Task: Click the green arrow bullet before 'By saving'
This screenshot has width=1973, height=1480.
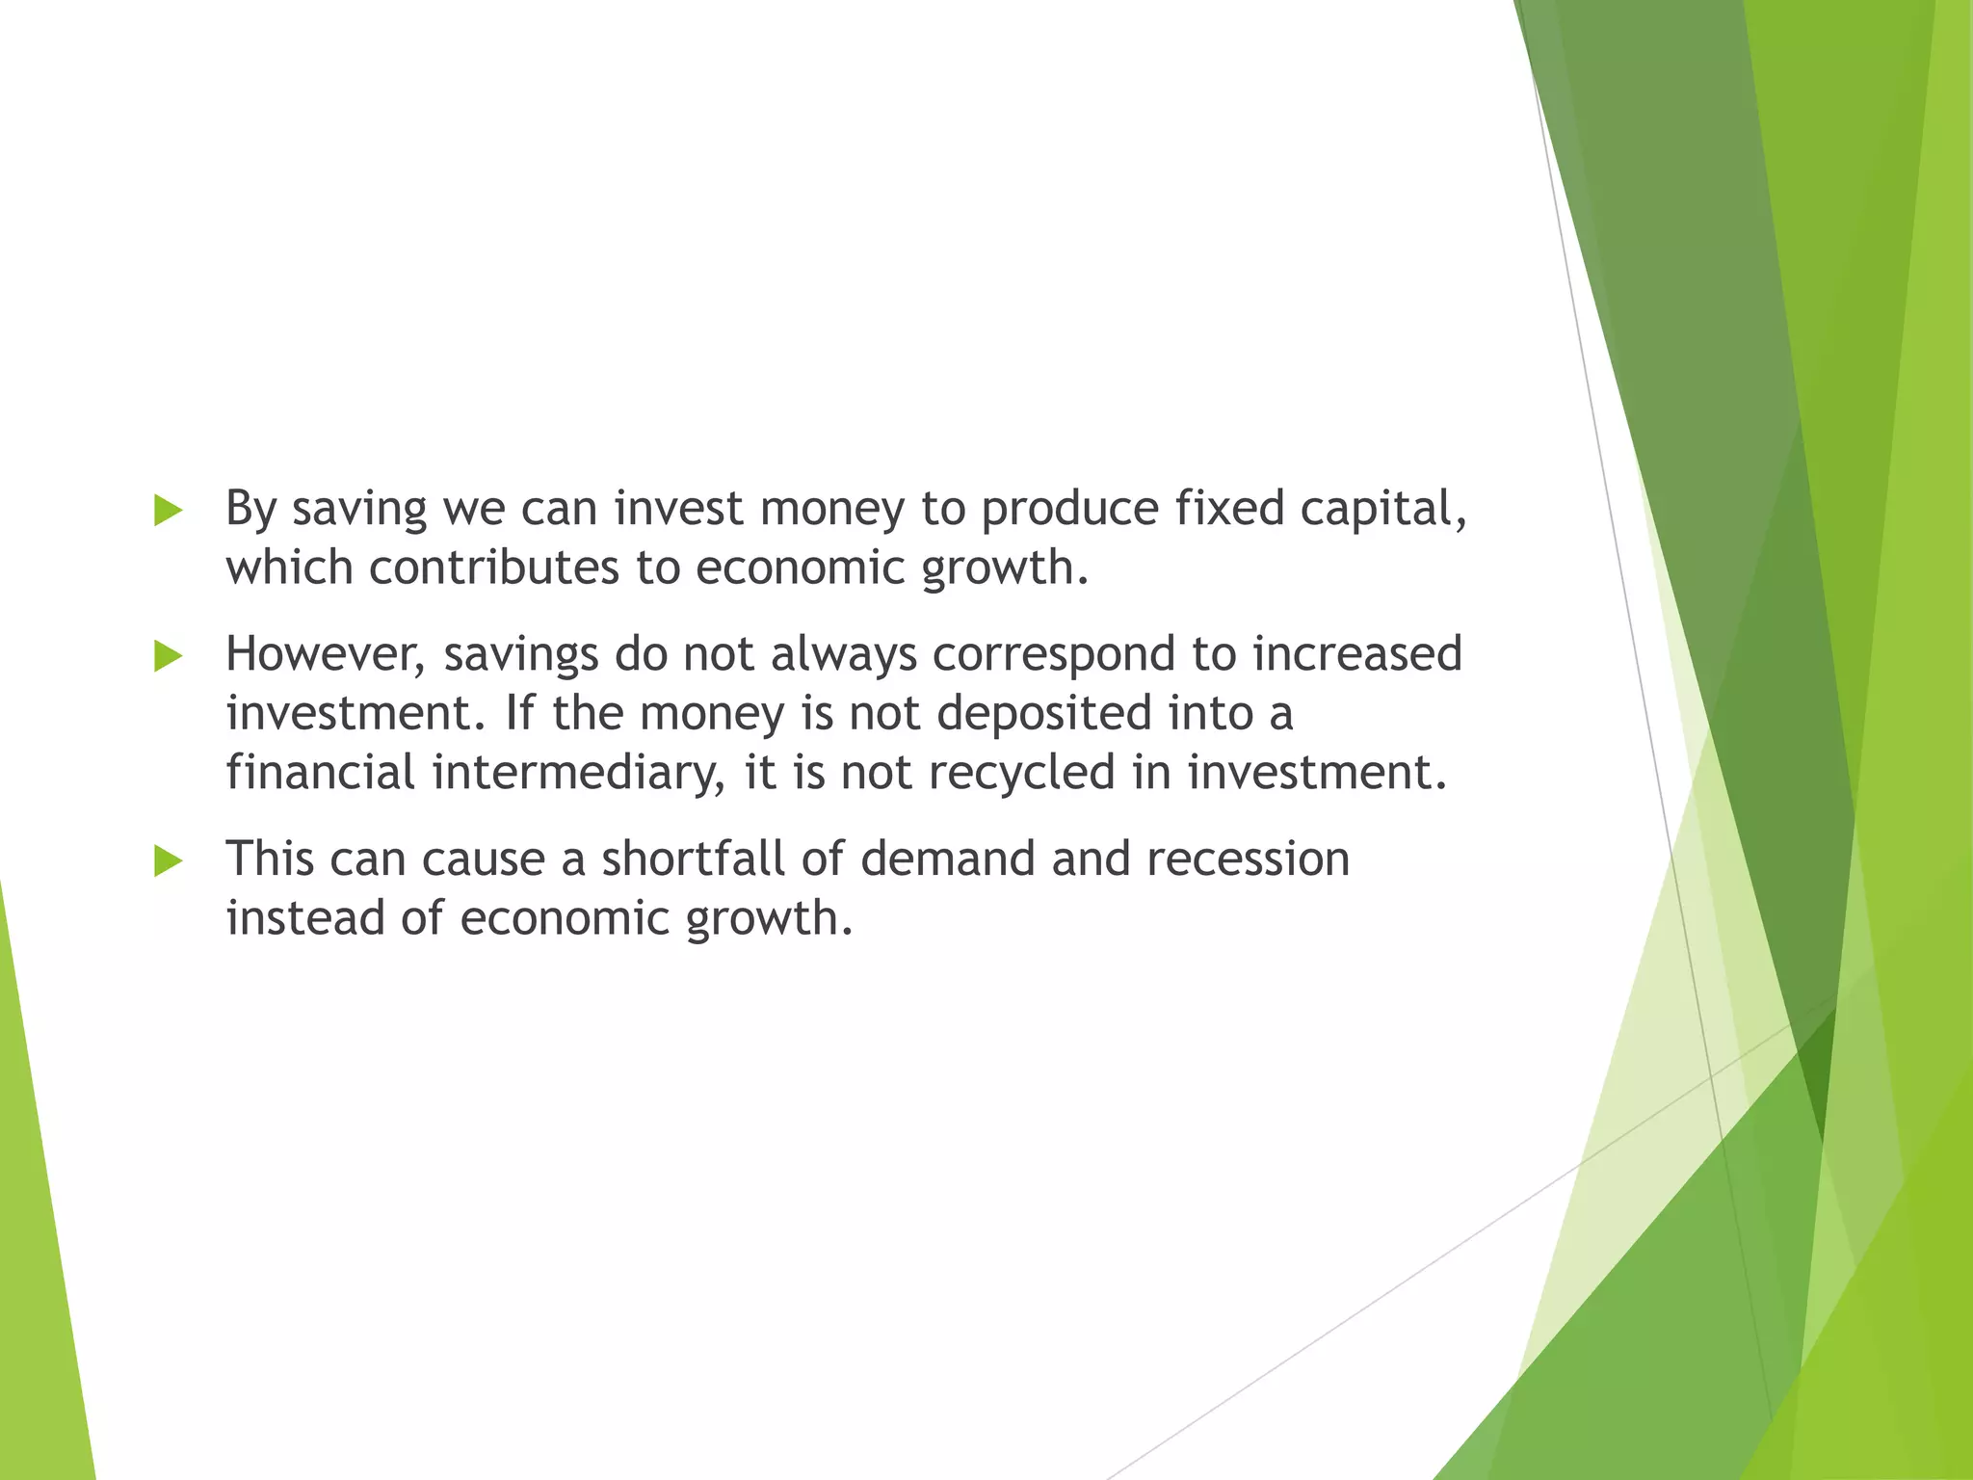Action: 168,511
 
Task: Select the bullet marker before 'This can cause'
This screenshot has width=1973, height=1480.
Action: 168,860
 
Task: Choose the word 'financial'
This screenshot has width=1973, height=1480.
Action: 321,773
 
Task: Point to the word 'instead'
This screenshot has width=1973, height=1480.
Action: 305,918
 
